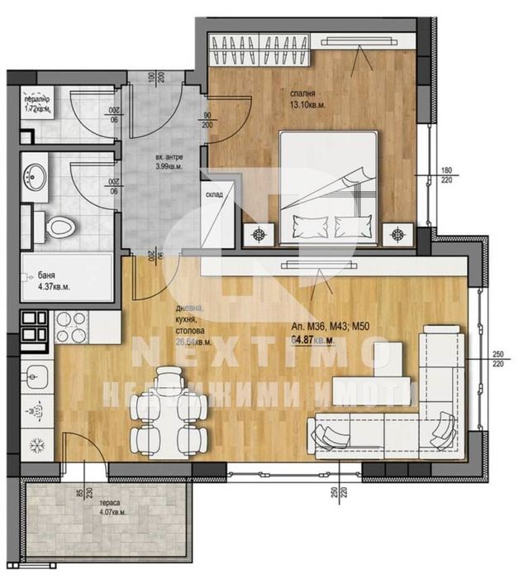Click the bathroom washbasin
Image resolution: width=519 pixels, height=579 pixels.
[36, 175]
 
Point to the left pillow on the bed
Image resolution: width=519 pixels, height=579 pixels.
[307, 224]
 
